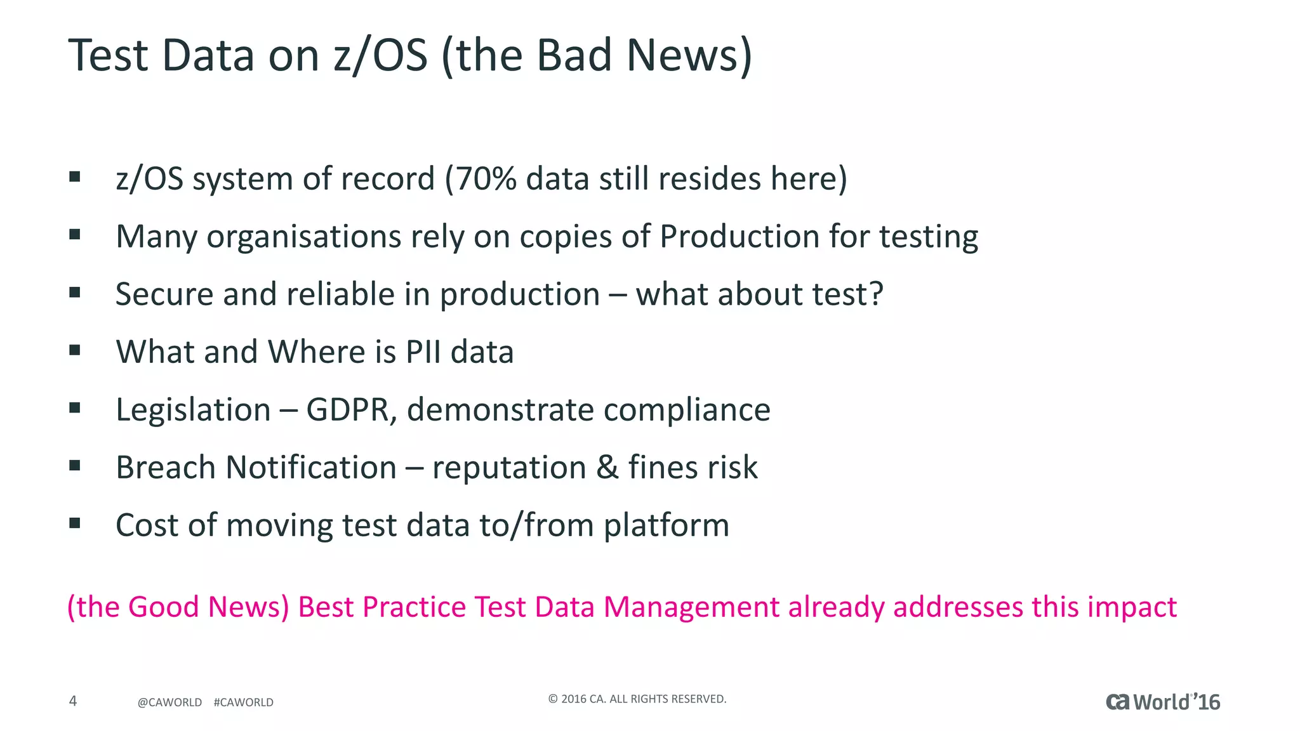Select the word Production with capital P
coord(739,237)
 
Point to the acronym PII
coord(423,352)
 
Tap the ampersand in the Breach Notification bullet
coord(607,468)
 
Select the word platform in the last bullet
coord(666,526)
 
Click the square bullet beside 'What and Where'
coord(75,350)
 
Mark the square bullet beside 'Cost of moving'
coord(75,524)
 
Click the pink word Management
coord(691,607)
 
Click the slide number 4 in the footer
coord(73,701)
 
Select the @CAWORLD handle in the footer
coord(169,702)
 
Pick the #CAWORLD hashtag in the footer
coord(244,702)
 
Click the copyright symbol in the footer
coord(553,699)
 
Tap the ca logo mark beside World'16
coord(1118,702)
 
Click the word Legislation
coord(193,410)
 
